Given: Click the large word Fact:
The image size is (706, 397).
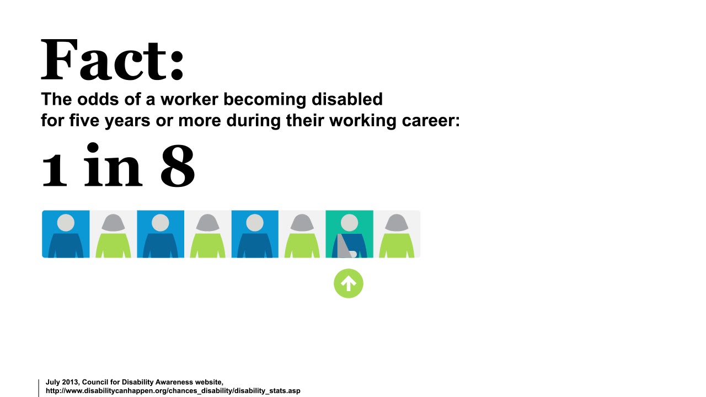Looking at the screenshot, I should pos(113,61).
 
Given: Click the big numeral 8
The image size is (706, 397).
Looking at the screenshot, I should pos(178,165).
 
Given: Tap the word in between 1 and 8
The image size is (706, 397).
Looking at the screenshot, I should pos(113,165).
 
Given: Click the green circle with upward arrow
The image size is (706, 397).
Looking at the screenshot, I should pos(349,283).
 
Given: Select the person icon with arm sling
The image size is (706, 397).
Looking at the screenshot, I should pos(349,234).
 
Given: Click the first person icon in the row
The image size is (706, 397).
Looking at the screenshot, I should pos(66,234).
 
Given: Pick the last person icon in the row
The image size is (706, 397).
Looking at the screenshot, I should pos(397,234).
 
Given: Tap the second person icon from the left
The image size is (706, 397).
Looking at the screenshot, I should pos(113,234).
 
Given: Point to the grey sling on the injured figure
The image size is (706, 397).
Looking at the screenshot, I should pos(345,247).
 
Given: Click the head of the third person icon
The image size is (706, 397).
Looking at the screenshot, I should pos(161,222).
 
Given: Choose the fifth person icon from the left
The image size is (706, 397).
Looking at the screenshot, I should pos(255,234).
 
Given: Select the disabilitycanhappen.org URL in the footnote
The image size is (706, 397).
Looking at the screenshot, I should pos(173,391).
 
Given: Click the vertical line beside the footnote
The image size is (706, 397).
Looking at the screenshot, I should pos(39,388).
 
